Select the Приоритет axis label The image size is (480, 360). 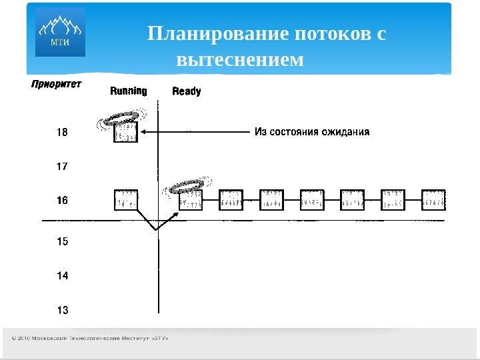click(55, 84)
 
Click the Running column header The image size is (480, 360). click(129, 91)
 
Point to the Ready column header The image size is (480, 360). click(186, 91)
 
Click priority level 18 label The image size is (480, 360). click(62, 133)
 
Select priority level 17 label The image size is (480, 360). click(62, 167)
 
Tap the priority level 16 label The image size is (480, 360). click(62, 200)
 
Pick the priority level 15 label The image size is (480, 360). click(62, 241)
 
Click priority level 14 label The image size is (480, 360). click(62, 275)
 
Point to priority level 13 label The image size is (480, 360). click(62, 309)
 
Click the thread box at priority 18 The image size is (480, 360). click(126, 132)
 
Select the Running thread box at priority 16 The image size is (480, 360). click(126, 200)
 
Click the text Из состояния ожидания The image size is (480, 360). click(312, 132)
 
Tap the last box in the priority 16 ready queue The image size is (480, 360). click(434, 200)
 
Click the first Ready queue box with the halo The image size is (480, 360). click(191, 200)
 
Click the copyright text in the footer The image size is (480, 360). click(90, 339)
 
